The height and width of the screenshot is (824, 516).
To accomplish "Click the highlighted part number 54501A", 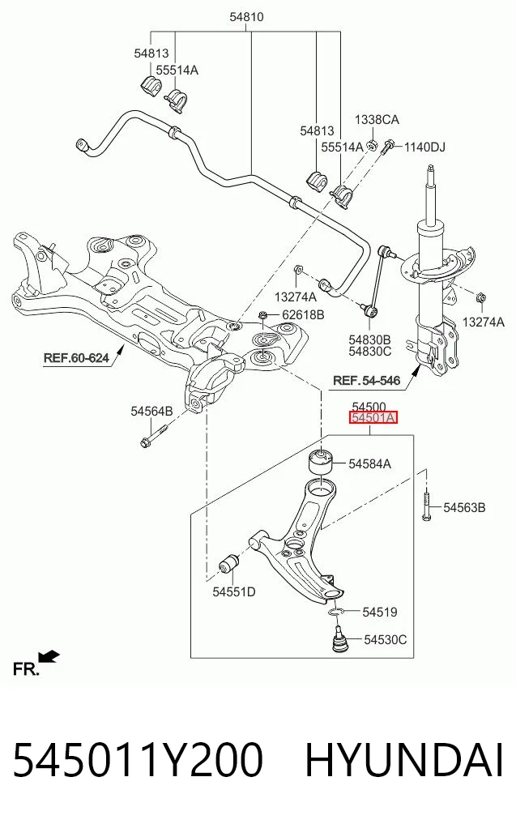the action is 373,418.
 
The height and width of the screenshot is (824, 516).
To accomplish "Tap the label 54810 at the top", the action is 246,17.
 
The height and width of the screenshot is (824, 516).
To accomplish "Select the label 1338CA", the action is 377,119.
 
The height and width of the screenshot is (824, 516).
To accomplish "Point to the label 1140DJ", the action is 424,147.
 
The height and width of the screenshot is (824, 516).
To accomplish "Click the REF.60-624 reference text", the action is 76,358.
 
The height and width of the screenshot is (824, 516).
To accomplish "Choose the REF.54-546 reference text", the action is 367,381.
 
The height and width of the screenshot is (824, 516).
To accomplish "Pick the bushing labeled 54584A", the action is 320,461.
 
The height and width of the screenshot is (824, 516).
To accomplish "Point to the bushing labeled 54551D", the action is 228,565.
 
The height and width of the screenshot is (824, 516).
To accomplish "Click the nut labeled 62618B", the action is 263,316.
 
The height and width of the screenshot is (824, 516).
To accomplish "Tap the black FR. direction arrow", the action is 50,656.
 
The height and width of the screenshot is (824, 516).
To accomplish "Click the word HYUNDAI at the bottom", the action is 404,760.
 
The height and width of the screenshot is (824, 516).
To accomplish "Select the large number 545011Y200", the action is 137,760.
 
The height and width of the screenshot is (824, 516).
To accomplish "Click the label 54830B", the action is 370,339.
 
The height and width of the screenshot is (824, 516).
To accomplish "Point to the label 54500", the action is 369,407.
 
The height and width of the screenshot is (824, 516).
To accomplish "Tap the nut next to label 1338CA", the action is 372,144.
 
